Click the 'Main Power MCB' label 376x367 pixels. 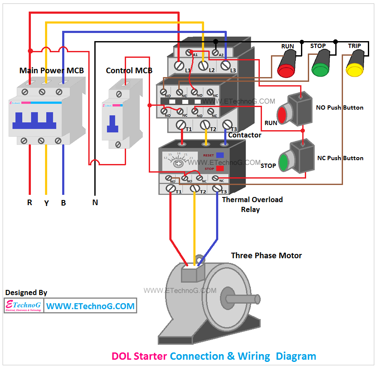pyautogui.click(x=51, y=70)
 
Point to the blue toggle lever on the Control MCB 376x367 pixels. pyautogui.click(x=112, y=124)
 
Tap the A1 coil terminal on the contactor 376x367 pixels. pyautogui.click(x=189, y=53)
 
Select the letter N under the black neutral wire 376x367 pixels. pyautogui.click(x=95, y=203)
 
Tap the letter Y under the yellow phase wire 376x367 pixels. pyautogui.click(x=46, y=203)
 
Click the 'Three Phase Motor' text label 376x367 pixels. pyautogui.click(x=266, y=256)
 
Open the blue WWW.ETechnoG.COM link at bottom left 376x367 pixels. pyautogui.click(x=90, y=306)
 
